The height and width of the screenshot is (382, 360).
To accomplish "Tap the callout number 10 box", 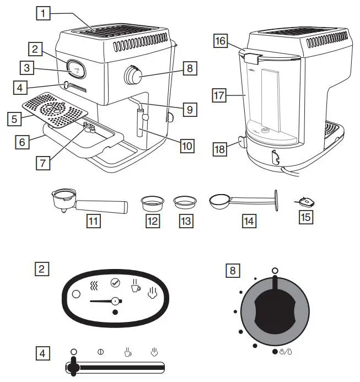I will point(188,146).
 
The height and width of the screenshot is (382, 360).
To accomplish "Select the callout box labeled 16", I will point(220,41).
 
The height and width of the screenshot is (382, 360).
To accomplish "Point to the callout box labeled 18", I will point(220,148).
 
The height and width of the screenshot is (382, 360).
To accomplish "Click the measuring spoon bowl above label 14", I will point(219,202).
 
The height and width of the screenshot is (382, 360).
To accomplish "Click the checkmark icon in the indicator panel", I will point(115,283).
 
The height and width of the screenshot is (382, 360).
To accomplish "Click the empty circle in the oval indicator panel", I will point(77,294).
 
